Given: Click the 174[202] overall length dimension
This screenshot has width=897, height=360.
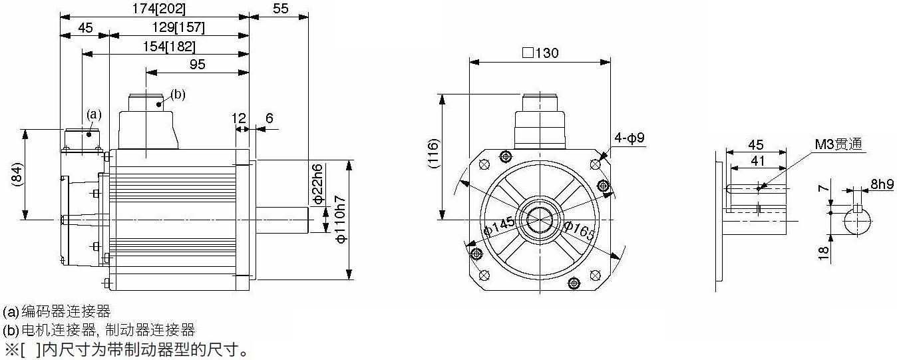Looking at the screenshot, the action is click(159, 9).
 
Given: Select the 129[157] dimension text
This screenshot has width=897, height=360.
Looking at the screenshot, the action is click(178, 27).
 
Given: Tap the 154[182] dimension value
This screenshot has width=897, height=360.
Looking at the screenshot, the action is click(169, 47).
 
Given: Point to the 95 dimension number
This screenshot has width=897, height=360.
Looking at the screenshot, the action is click(197, 64).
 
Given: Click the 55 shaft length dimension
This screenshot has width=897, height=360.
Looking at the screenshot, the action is click(280, 9).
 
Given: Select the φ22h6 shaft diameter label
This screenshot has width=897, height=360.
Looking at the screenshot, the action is click(317, 184).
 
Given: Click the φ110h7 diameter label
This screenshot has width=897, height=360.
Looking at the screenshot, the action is click(340, 220).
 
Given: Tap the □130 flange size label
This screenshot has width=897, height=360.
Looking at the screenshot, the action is click(540, 53).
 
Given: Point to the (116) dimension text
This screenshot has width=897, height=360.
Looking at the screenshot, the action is click(434, 153).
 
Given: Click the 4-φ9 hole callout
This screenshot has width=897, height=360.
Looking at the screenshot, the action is click(629, 138).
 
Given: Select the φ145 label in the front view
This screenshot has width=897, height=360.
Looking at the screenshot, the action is click(499, 226).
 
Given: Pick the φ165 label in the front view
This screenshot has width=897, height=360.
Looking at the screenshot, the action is click(580, 231).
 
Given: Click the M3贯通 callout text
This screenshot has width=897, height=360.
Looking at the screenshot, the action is click(838, 144).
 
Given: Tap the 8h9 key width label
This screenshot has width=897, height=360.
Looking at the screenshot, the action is click(882, 184).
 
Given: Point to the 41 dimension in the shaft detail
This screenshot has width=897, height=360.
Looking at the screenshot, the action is click(757, 160).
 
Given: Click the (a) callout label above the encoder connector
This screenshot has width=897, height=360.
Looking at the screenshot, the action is click(94, 114).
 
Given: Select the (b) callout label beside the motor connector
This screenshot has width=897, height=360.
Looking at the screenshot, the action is click(178, 94).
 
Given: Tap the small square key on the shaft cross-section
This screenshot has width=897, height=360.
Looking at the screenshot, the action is click(857, 209).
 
